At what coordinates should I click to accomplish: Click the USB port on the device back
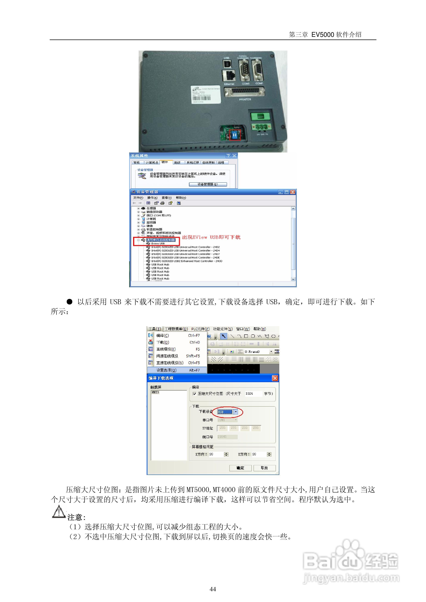(x=227, y=64)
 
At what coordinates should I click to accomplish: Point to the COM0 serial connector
(x=245, y=70)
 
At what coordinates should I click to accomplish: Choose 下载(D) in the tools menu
(x=163, y=342)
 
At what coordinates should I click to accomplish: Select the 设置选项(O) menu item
(x=166, y=370)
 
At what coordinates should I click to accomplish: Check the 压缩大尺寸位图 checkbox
(x=194, y=394)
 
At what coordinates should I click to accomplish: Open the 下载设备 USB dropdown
(x=236, y=412)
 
